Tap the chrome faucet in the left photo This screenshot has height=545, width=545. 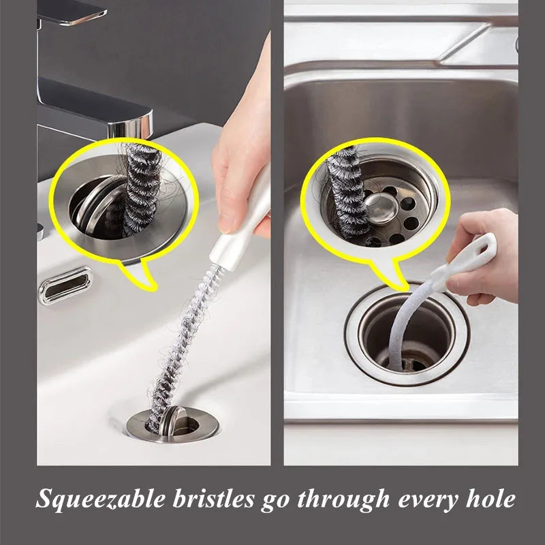point(102,109)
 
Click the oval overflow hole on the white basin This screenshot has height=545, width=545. point(65,284)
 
